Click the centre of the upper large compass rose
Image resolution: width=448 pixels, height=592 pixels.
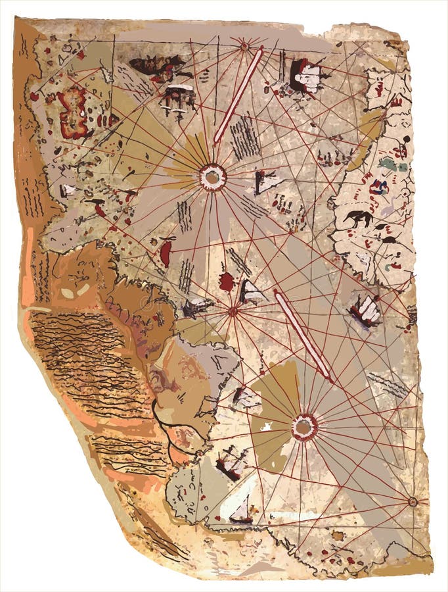point(213,177)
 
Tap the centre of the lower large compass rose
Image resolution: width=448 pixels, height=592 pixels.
point(303,427)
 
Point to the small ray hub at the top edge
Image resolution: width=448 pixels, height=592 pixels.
point(244,45)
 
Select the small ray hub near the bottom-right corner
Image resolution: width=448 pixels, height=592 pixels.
point(413,501)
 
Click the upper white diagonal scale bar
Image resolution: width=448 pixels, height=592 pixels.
point(238,94)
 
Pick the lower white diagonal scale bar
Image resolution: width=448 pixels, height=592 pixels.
point(303,335)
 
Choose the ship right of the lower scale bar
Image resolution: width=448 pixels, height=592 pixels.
point(365,310)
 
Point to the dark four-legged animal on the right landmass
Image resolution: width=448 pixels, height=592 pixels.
point(359,219)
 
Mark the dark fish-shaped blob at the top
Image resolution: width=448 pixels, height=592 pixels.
point(158,64)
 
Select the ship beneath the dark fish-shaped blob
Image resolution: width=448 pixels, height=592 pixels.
point(179,97)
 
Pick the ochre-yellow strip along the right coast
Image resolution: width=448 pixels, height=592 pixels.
point(368,138)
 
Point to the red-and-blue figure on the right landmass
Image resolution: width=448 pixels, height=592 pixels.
point(378,187)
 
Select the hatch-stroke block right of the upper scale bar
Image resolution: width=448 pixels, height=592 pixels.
point(245,137)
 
